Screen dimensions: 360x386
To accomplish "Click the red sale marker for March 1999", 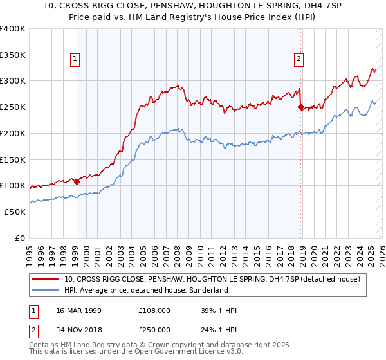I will tap(77, 181).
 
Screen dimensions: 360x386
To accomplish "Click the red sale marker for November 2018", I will tap(300, 107).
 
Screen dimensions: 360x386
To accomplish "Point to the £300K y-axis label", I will tap(14, 81).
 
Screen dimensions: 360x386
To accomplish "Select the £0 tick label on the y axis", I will tap(20, 238).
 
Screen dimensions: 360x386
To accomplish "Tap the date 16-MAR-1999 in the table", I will tap(78, 310).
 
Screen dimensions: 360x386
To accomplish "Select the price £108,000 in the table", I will tap(154, 310).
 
